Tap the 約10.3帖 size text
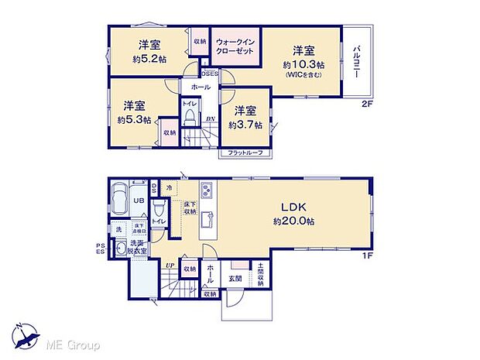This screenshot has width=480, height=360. pyautogui.click(x=301, y=65)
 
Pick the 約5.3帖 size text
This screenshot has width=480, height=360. pyautogui.click(x=135, y=120)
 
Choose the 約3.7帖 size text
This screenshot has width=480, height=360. pyautogui.click(x=245, y=125)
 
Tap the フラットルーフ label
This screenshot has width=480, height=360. pyautogui.click(x=245, y=153)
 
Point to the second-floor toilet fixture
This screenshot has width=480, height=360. pyautogui.click(x=189, y=117)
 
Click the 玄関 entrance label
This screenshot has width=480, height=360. pyautogui.click(x=235, y=278)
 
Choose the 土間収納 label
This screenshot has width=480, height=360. pyautogui.click(x=261, y=275)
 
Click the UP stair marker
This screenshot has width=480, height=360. pyautogui.click(x=170, y=265)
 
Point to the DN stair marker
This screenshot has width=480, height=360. pyautogui.click(x=210, y=118)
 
